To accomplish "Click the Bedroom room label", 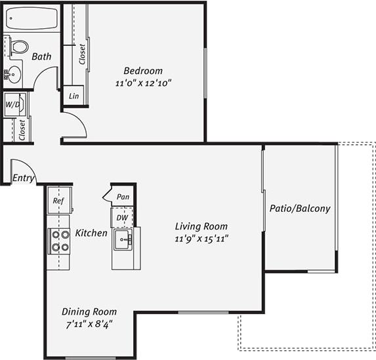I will [x=144, y=71].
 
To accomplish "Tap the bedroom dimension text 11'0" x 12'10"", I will [x=144, y=83].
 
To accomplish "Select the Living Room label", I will [x=201, y=226].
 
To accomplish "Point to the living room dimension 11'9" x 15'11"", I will [x=201, y=239].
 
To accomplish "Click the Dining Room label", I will [x=89, y=311].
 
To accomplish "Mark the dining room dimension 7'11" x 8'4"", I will [x=89, y=324].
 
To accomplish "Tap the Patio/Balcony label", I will [x=300, y=209].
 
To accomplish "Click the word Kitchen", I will [x=91, y=233].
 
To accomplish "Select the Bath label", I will [x=41, y=57].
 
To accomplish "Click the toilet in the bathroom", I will [x=18, y=47].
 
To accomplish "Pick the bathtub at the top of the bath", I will [x=31, y=18].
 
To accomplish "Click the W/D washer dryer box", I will [x=14, y=104].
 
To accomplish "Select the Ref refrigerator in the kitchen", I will [x=58, y=201].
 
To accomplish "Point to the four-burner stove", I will [x=60, y=241].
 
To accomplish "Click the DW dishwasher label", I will [x=122, y=216].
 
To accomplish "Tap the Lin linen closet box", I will [x=73, y=96].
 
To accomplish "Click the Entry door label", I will [x=22, y=178].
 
